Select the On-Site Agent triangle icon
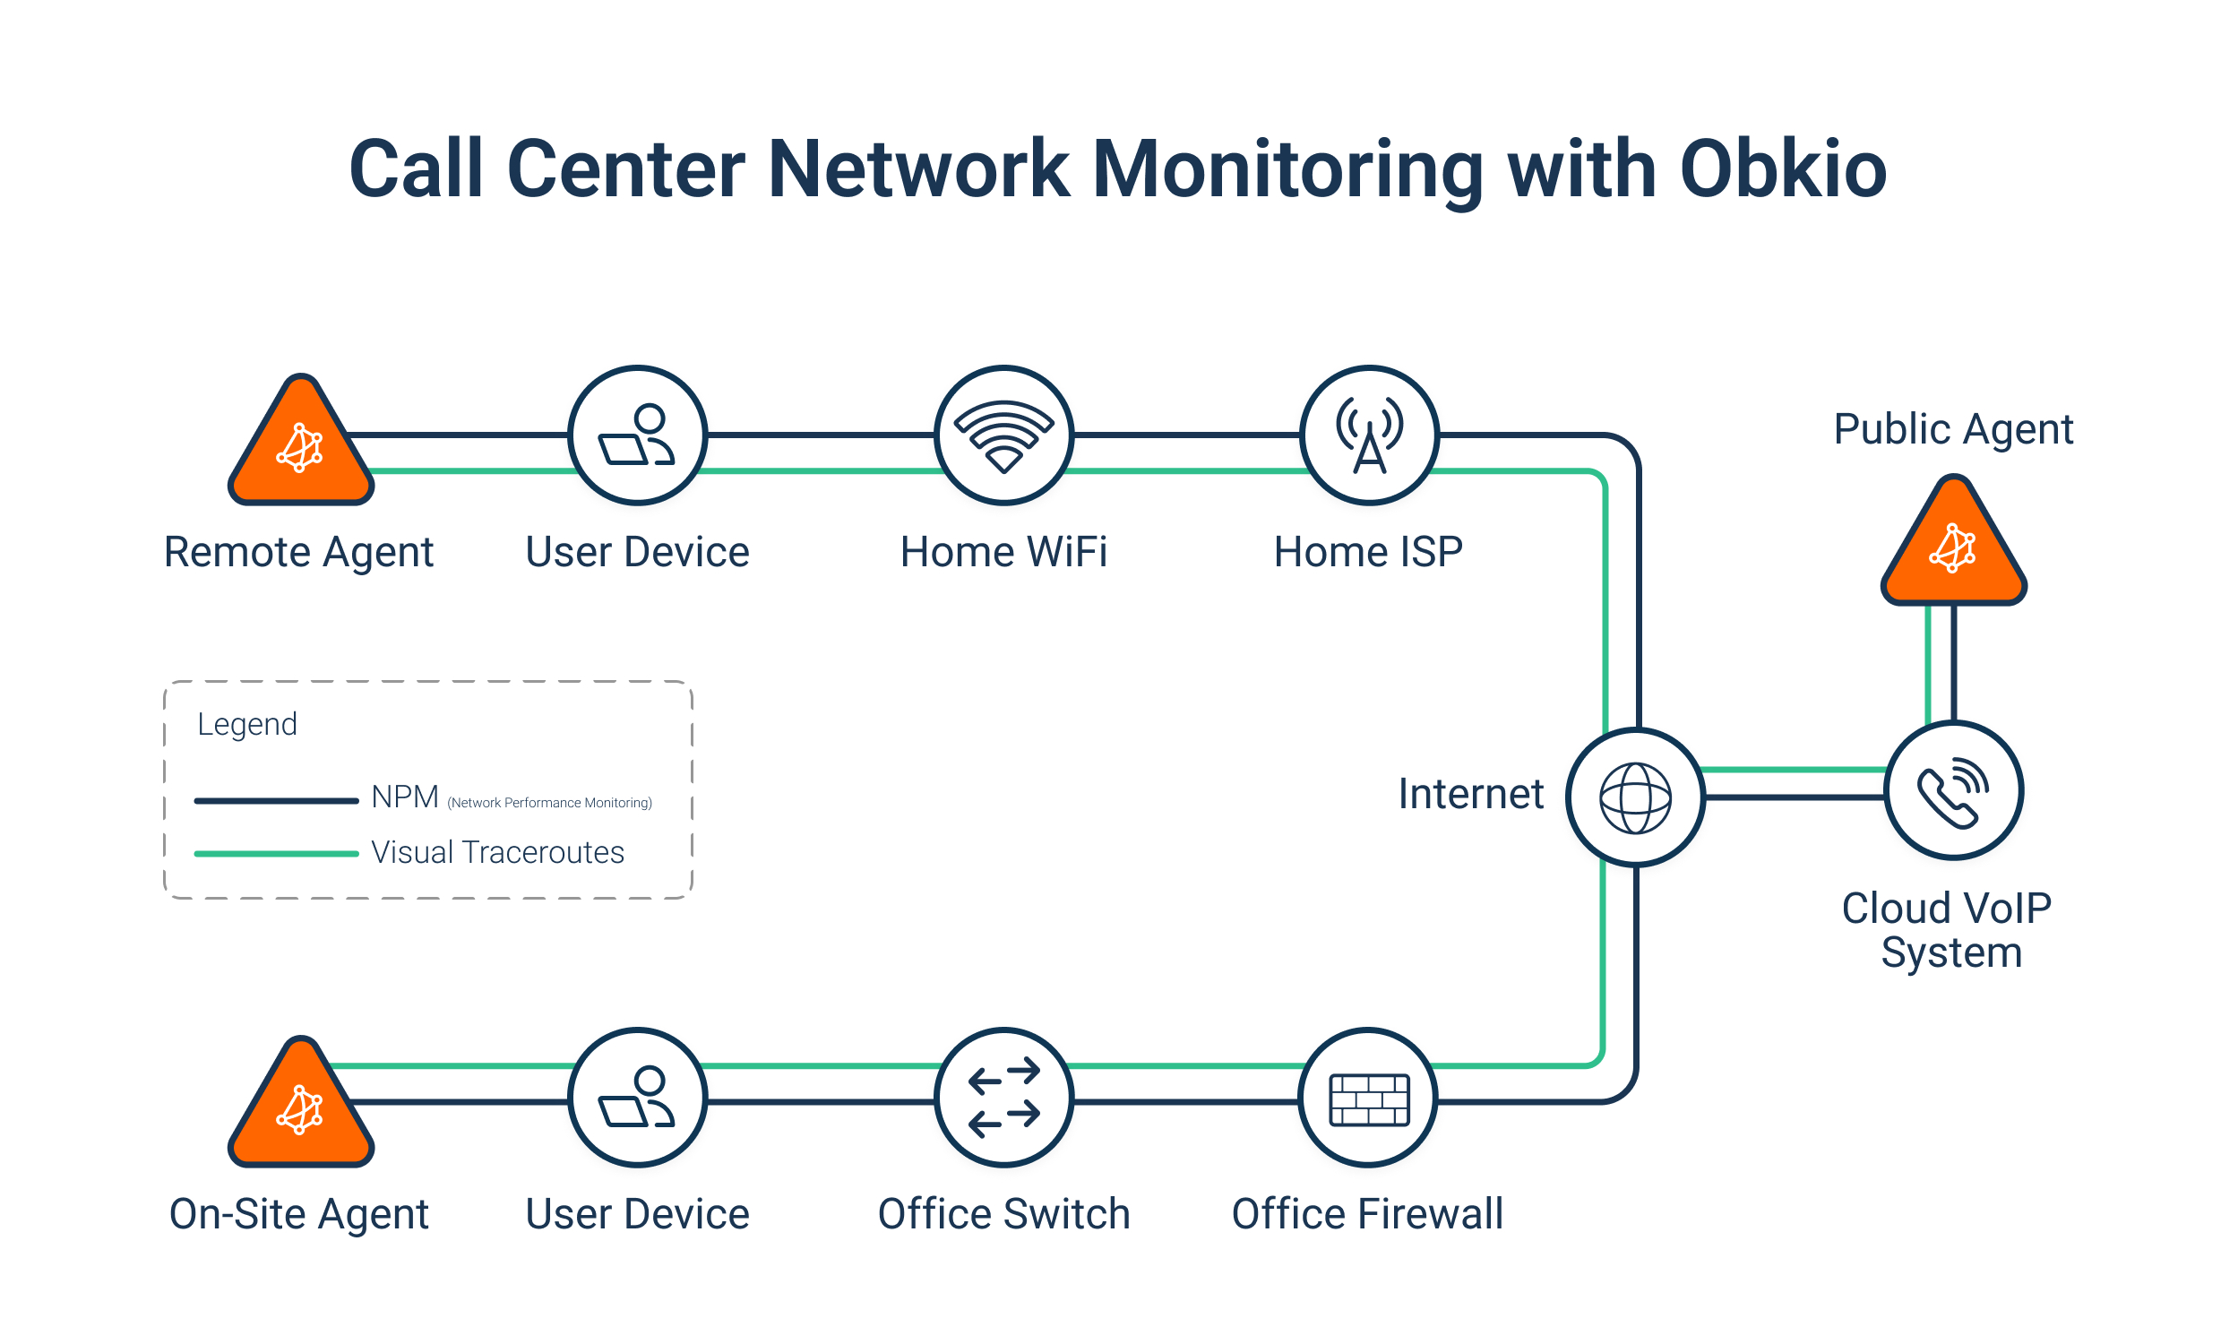coord(301,1109)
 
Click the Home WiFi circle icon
coord(1003,435)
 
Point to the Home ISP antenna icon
coord(1369,435)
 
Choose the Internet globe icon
coord(1635,797)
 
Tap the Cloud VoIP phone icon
coord(1953,790)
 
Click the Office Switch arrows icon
coord(1003,1097)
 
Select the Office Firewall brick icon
coord(1368,1098)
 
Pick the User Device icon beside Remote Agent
coord(638,435)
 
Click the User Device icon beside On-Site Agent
coord(638,1097)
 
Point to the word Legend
coord(247,724)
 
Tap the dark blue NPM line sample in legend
coord(276,800)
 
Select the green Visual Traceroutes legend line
coord(276,853)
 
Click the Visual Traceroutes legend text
coord(497,852)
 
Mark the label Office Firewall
coord(1367,1214)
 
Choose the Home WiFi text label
coord(1003,552)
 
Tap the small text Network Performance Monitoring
coord(550,803)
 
